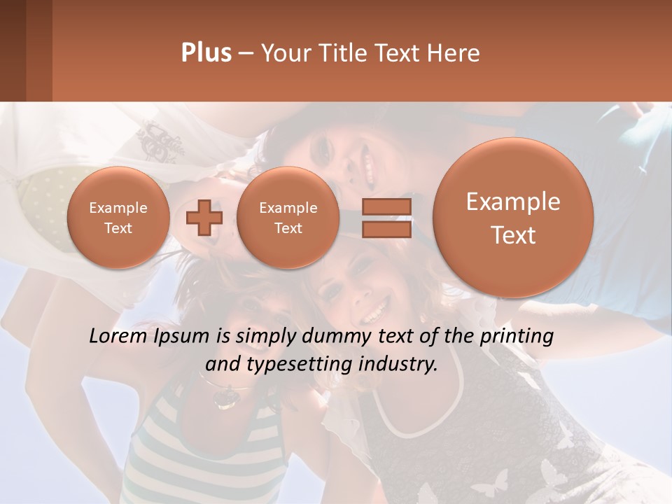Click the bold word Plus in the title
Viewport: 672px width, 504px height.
pyautogui.click(x=206, y=53)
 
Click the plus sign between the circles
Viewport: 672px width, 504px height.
pyautogui.click(x=204, y=218)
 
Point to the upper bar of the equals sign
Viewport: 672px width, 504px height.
pyautogui.click(x=386, y=207)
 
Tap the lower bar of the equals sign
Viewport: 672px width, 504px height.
pyautogui.click(x=386, y=230)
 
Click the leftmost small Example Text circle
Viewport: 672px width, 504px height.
pyautogui.click(x=118, y=218)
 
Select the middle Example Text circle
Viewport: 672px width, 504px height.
pyautogui.click(x=288, y=218)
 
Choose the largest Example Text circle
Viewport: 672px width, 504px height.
pyautogui.click(x=513, y=218)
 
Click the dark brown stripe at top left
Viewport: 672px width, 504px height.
pyautogui.click(x=13, y=50)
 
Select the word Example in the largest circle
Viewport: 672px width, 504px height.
pyautogui.click(x=513, y=202)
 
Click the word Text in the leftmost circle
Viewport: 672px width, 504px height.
pyautogui.click(x=118, y=228)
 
